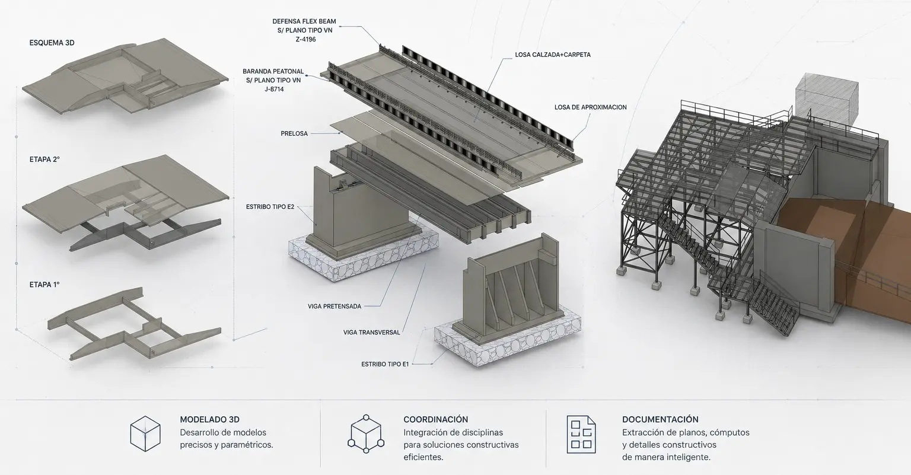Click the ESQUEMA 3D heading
(x=52, y=43)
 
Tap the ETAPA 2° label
(x=44, y=160)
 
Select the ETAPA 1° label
(x=44, y=285)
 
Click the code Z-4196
(x=306, y=40)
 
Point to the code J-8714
(x=274, y=89)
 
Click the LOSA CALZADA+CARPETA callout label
(x=553, y=55)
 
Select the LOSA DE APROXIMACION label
(x=591, y=107)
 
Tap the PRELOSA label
(x=294, y=133)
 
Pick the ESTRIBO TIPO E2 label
(x=270, y=206)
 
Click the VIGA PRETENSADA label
(x=335, y=306)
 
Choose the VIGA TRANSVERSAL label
(x=372, y=332)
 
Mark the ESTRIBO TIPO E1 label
(x=385, y=364)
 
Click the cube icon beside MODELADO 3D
(x=145, y=433)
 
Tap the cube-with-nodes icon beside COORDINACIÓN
(x=366, y=434)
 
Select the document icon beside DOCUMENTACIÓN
(x=581, y=434)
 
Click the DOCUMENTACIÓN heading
(x=660, y=419)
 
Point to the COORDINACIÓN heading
(x=435, y=419)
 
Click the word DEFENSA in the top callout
(x=287, y=21)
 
